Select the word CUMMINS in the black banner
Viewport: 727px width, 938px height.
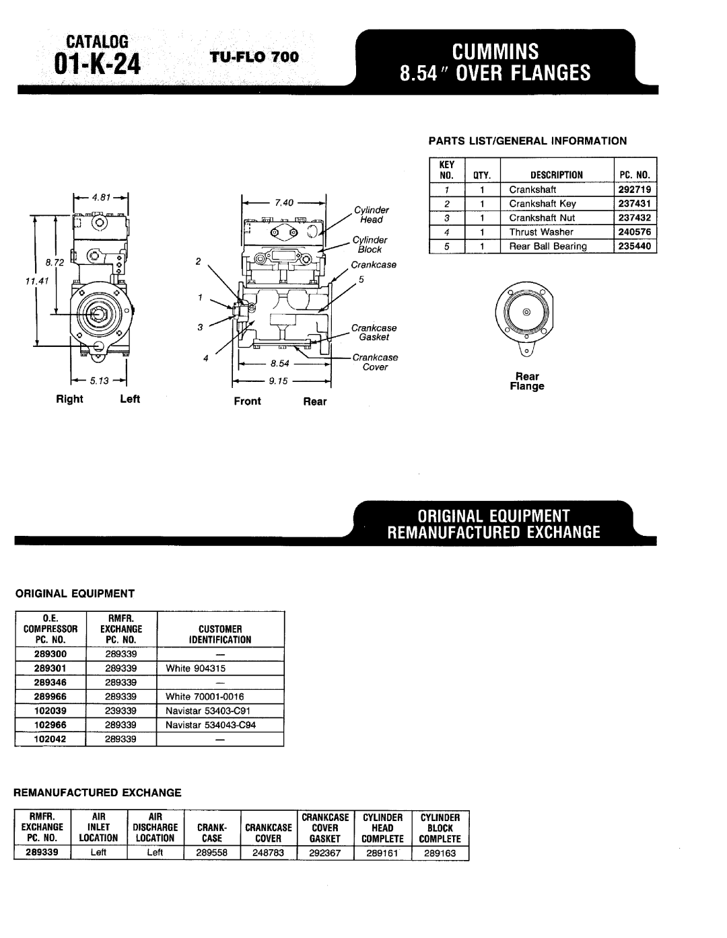495,51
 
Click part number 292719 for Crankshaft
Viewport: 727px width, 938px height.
634,190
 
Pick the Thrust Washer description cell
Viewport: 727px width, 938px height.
541,232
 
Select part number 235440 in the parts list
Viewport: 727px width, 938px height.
634,246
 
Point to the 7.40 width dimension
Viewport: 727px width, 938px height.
281,202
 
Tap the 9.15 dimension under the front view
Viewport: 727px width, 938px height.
279,381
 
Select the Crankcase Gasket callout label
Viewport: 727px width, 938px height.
374,332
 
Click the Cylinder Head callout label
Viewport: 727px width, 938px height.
371,215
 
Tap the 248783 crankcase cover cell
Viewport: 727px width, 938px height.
269,853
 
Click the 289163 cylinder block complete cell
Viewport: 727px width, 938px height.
440,853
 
